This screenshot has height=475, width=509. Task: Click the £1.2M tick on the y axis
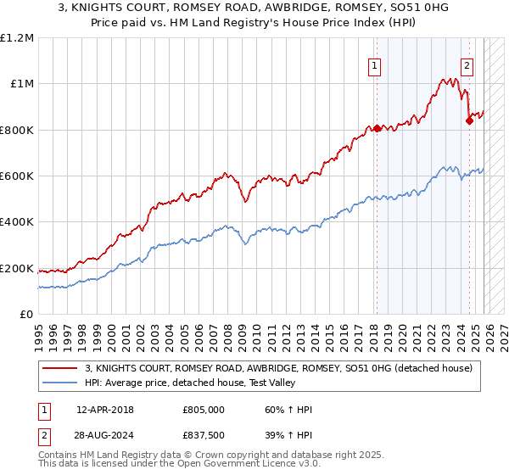(17, 38)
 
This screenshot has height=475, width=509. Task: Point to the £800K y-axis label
(16, 130)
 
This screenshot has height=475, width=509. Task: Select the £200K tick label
(16, 268)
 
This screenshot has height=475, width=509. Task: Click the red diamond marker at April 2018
(377, 129)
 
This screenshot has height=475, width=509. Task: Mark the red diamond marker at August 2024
(469, 120)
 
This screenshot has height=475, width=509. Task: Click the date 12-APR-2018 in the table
(104, 410)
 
